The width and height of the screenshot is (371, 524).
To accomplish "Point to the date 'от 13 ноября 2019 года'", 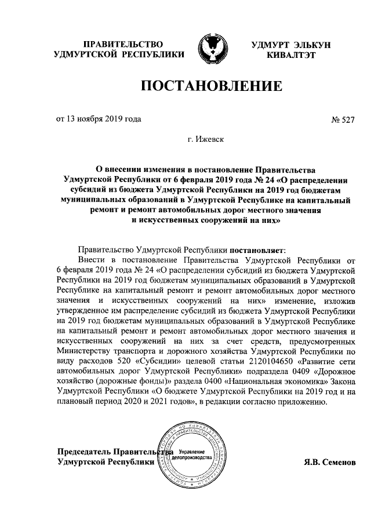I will (x=98, y=119).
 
